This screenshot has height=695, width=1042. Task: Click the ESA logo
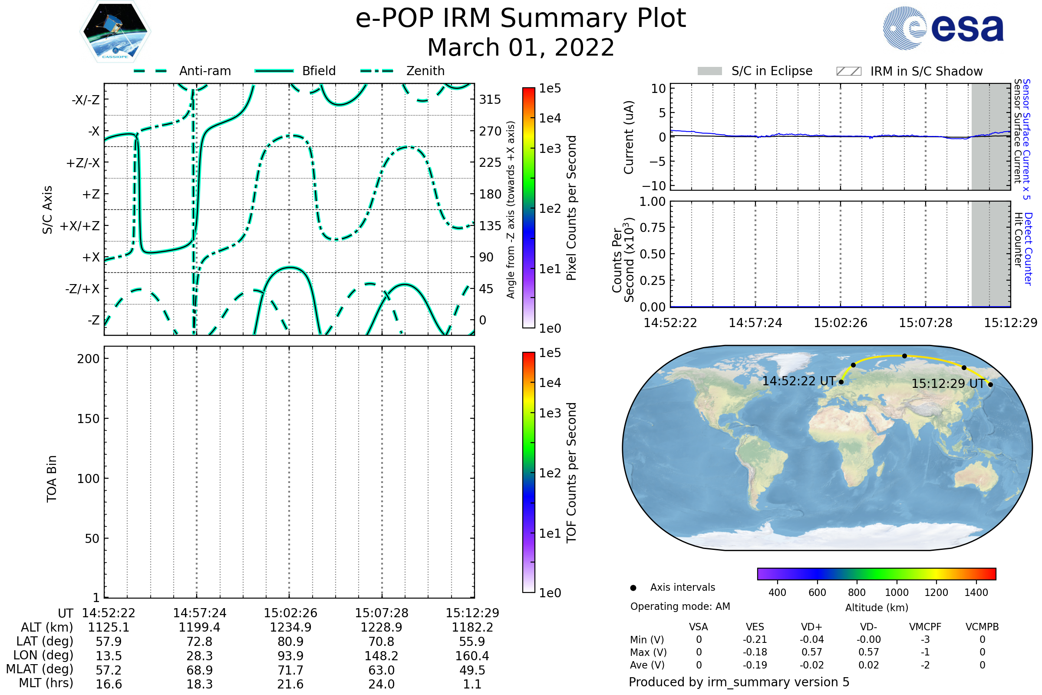943,28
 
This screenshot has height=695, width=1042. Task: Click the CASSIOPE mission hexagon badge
115,31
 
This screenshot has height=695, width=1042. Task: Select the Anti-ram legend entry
182,71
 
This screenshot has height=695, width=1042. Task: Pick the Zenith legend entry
402,71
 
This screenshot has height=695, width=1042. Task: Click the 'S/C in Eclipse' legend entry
755,71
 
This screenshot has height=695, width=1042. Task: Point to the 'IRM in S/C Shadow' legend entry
910,71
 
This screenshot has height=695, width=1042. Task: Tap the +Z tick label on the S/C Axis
91,194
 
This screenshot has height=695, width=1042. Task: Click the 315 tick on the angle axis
490,99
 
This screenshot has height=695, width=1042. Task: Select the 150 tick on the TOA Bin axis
88,419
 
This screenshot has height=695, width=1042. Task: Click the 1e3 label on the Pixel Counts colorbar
550,149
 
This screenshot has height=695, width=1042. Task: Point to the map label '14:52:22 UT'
799,381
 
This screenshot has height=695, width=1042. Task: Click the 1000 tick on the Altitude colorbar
897,592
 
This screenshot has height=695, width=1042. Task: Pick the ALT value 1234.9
290,627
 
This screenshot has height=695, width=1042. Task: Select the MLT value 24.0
382,684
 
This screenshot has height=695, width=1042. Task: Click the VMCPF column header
925,627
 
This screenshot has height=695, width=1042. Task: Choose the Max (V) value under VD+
811,652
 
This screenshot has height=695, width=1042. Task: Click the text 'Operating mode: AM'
680,606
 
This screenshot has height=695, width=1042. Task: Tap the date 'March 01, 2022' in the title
521,47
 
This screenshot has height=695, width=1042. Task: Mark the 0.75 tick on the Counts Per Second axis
653,227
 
